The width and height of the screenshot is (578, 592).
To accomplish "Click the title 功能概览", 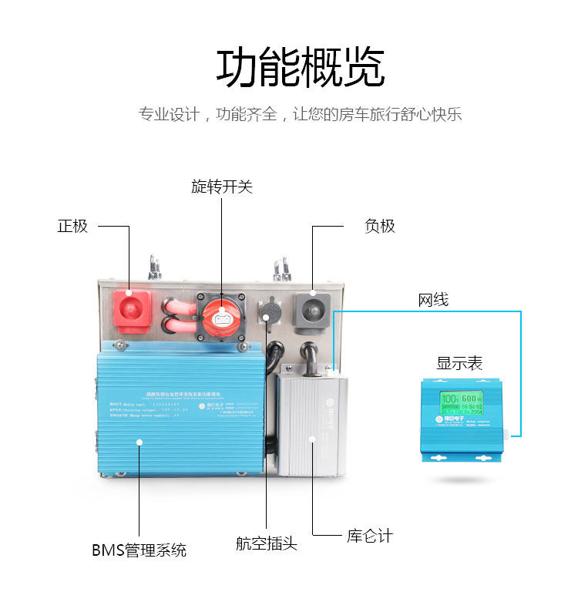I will coord(300,68).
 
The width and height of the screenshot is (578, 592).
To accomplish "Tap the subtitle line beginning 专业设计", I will coord(300,116).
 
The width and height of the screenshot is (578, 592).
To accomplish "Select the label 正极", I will coord(72,226).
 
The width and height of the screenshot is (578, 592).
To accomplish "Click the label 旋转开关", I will coord(222,187).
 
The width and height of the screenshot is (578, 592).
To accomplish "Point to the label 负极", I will coord(380,226).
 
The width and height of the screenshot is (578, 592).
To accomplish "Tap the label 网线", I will coord(433,299).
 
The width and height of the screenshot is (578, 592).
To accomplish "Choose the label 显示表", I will coord(459,363).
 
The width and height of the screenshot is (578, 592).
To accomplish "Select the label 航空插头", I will coord(266,543).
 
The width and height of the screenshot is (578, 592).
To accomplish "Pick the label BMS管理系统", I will coord(139,550).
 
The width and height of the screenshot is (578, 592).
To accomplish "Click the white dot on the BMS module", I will coord(139,442).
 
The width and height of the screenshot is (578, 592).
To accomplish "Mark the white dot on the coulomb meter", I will coord(312,439).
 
